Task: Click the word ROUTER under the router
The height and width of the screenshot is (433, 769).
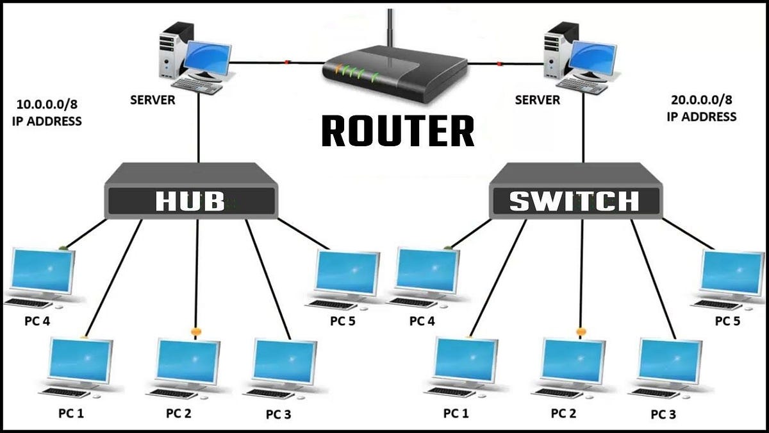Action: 398,131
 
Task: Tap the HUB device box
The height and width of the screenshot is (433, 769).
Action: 191,191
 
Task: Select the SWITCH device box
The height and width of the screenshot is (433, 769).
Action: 575,191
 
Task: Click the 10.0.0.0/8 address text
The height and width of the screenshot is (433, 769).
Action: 47,104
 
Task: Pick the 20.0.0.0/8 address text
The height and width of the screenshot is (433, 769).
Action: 701,99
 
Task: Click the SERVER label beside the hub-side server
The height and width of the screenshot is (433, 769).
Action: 153,100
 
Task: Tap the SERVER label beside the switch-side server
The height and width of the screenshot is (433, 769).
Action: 537,100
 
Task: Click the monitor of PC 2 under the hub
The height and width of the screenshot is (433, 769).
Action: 188,362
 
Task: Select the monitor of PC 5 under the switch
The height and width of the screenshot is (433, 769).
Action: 732,273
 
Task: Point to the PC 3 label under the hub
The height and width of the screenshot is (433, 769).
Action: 278,414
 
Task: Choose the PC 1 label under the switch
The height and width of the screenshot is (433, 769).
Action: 456,413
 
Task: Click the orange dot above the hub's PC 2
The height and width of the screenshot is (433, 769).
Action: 195,332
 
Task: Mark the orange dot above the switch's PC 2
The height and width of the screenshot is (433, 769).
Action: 581,332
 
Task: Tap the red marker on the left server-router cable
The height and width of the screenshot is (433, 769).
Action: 287,62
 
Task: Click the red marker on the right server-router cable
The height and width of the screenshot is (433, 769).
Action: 499,64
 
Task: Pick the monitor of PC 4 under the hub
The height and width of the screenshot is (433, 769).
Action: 42,271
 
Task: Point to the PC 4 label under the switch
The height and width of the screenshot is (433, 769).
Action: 422,321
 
